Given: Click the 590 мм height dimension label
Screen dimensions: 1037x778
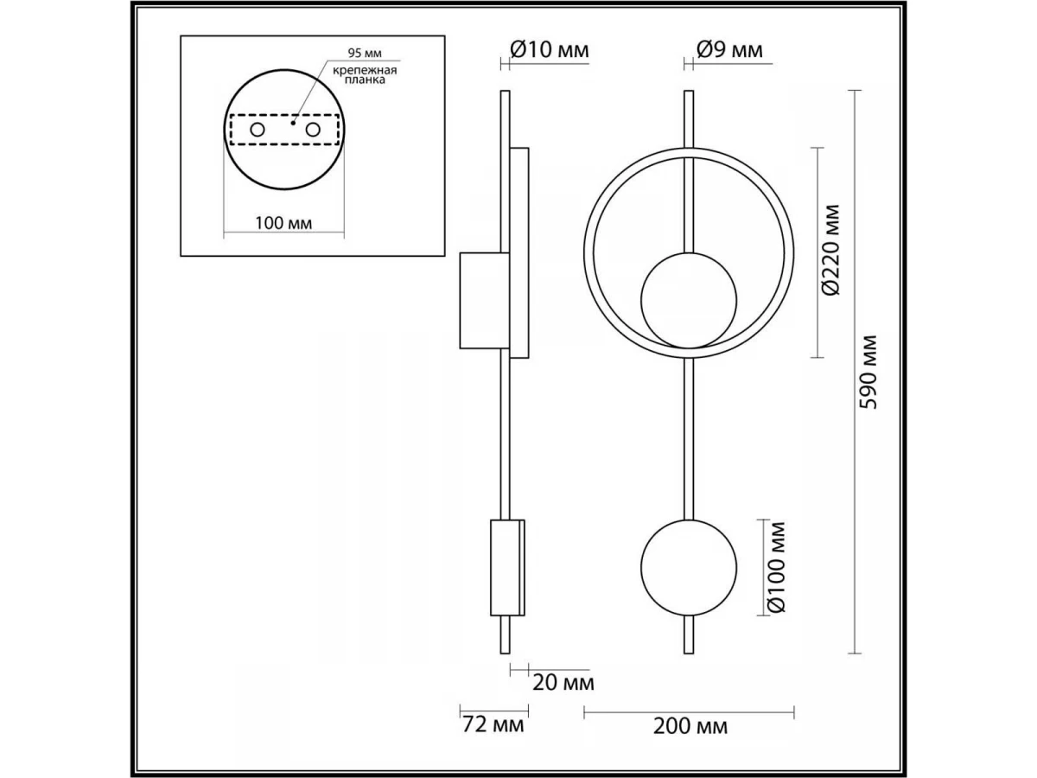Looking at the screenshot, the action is (x=868, y=372).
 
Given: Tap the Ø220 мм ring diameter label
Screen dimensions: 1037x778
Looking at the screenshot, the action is (x=830, y=251).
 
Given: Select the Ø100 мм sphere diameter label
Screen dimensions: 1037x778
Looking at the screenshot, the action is (x=777, y=567).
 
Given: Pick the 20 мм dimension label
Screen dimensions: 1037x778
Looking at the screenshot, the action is (x=563, y=683).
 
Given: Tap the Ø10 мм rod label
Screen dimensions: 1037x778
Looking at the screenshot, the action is (x=550, y=49).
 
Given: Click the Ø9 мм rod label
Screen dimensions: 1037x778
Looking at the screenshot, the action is (x=729, y=49).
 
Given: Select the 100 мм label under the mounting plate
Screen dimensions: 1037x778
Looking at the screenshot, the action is (x=283, y=223).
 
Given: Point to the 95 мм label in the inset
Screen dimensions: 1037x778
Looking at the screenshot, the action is (x=365, y=53).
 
